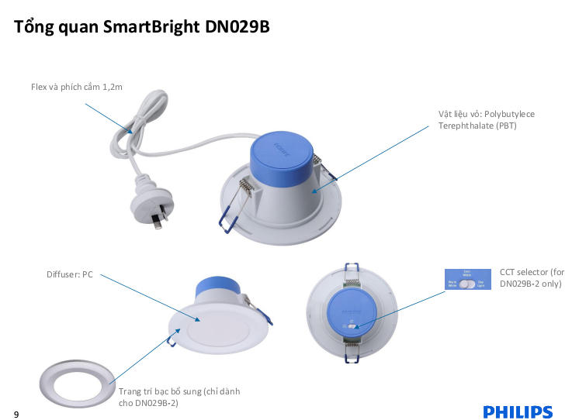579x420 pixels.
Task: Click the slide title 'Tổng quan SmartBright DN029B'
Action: tap(142, 27)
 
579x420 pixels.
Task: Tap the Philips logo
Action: tap(518, 411)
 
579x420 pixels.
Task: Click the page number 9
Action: tap(16, 414)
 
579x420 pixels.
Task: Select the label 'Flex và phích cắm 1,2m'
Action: tap(77, 88)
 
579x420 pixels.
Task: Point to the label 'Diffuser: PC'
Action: tap(69, 274)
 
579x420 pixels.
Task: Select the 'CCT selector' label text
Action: tap(531, 278)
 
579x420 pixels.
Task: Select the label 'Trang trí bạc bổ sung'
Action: tap(179, 397)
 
